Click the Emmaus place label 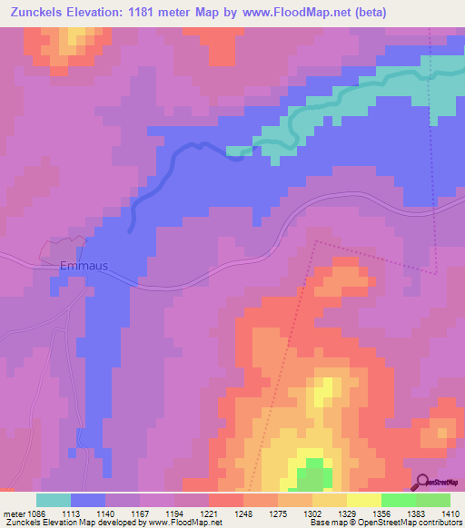point(84,267)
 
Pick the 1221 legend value point(209,514)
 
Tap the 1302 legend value point(312,514)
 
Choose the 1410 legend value point(450,514)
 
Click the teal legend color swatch point(54,501)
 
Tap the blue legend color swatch point(88,501)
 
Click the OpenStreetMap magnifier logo point(422,482)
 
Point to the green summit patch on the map point(314,474)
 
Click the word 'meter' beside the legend point(13,514)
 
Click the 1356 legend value point(381,514)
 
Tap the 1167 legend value point(140,514)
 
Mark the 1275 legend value point(278,514)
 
